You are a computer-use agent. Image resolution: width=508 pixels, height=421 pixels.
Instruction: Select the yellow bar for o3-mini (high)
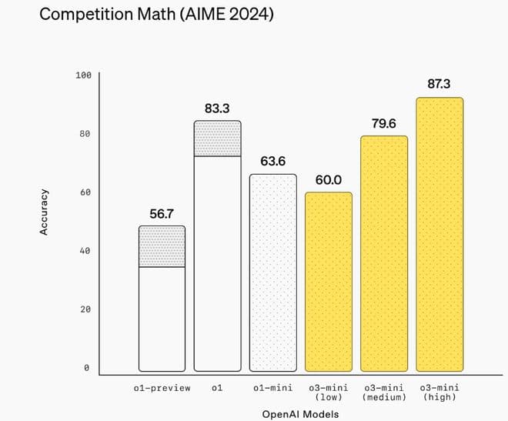point(439,235)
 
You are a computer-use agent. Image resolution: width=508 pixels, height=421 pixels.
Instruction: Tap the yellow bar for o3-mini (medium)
point(384,254)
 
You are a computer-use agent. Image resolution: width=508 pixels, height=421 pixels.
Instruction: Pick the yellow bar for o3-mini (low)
point(329,282)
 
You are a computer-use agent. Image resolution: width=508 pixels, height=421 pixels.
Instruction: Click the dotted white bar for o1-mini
point(273,273)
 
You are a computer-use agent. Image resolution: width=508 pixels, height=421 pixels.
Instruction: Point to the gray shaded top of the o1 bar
point(218,139)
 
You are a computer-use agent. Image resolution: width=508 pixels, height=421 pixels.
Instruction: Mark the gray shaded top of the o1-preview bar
point(162,246)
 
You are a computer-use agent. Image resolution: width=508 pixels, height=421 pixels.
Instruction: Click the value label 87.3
point(439,83)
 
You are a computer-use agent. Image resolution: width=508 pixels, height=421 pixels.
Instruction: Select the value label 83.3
point(217,109)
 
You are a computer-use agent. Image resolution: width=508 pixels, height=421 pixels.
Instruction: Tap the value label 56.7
point(162,213)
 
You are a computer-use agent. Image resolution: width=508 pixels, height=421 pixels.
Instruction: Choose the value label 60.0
point(329,179)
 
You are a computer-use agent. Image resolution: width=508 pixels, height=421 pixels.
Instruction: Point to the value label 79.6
point(384,123)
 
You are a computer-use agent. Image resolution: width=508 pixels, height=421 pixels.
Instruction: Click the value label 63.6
point(273,162)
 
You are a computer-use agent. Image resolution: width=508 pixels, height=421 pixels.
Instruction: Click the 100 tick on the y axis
point(83,75)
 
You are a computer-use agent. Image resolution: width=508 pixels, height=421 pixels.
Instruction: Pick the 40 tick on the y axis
point(85,251)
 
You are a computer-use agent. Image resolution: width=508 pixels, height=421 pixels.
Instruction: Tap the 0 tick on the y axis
point(87,368)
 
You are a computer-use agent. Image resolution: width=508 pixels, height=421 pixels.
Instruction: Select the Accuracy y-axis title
point(44,212)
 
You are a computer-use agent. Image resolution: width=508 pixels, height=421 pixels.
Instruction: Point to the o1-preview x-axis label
point(162,388)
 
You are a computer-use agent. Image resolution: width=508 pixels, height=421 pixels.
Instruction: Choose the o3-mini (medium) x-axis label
point(384,393)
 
